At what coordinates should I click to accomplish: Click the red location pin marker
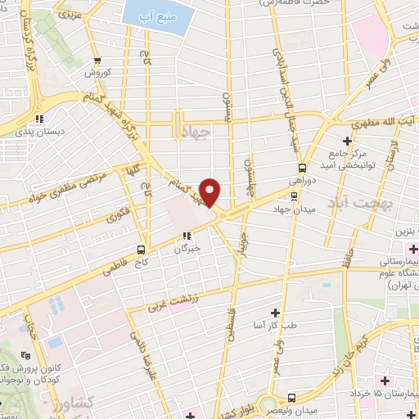coord(211,192)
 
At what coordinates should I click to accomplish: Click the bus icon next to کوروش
coord(97,60)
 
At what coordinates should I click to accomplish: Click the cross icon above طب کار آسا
coord(275,313)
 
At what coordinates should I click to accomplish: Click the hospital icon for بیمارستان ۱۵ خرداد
coord(384,382)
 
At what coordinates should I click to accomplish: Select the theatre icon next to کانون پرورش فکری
coord(25,356)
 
